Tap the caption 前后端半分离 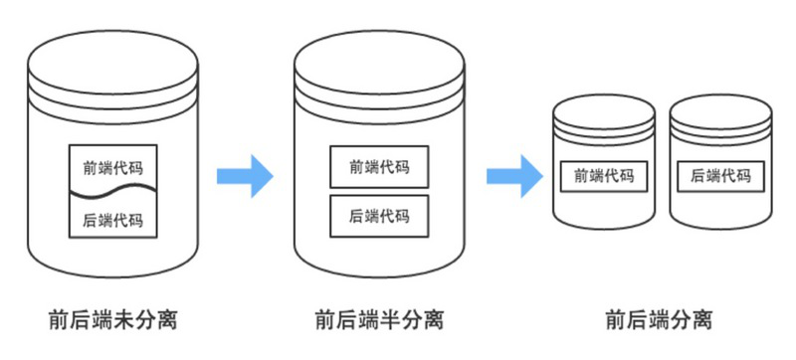click(x=379, y=320)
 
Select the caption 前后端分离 click(x=659, y=320)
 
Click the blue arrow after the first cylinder click(x=245, y=176)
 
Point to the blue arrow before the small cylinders click(x=514, y=176)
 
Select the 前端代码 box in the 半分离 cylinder click(x=379, y=167)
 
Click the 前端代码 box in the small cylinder click(x=604, y=177)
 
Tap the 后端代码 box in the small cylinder click(x=720, y=177)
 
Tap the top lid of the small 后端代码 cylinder click(x=720, y=108)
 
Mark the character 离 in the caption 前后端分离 click(x=701, y=320)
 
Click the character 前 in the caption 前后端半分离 click(x=325, y=320)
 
